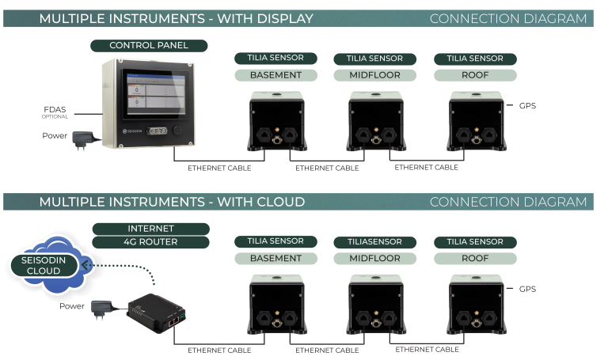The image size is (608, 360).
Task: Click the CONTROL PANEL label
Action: pyautogui.click(x=149, y=45)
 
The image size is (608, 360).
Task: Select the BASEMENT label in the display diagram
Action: pyautogui.click(x=275, y=75)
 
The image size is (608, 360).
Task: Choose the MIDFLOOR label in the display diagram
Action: pyautogui.click(x=374, y=75)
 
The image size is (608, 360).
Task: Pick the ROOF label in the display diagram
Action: pyautogui.click(x=475, y=75)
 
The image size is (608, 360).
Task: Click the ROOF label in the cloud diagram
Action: pyautogui.click(x=475, y=258)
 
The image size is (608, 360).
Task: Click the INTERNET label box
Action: pyautogui.click(x=150, y=228)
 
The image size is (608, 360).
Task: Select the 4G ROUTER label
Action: pyautogui.click(x=150, y=242)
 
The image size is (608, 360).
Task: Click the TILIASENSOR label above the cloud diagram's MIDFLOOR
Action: pyautogui.click(x=374, y=241)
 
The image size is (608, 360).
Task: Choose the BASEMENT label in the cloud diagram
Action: pyautogui.click(x=275, y=258)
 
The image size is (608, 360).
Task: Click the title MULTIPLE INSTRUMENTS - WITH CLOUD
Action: pyautogui.click(x=172, y=202)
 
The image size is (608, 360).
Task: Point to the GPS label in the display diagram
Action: pyautogui.click(x=527, y=106)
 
